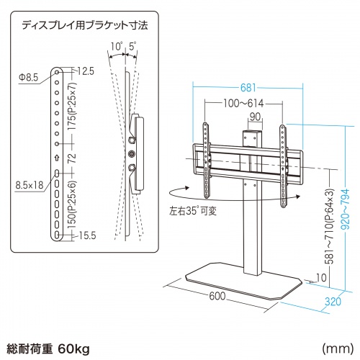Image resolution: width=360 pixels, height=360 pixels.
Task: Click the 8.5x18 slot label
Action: pos(30,185)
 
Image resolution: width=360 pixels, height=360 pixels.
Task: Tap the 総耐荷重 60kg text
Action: pos(47,349)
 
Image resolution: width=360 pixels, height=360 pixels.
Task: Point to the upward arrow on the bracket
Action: pos(57,160)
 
